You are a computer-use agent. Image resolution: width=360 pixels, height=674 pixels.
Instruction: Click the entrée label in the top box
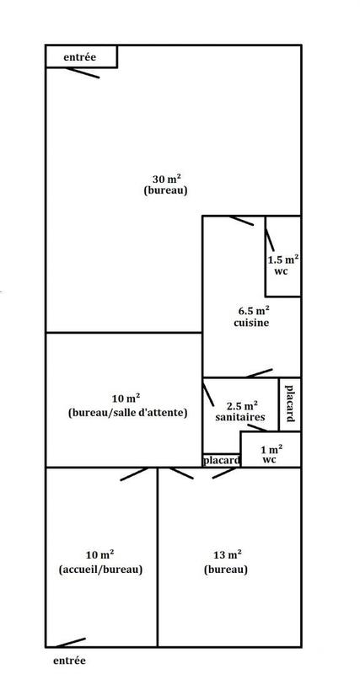80,57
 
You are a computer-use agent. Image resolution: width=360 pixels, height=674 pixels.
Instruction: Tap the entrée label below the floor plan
69,661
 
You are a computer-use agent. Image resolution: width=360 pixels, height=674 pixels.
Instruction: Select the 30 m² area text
164,178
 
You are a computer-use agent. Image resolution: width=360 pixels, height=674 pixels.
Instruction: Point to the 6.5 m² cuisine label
250,317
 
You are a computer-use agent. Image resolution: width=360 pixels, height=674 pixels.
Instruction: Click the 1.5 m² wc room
282,266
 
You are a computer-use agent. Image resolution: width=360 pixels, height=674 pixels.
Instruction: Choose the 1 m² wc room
271,453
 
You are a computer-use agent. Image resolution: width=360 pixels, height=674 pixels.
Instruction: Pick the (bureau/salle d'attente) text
126,413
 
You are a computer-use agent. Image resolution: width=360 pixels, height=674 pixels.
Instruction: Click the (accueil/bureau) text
101,569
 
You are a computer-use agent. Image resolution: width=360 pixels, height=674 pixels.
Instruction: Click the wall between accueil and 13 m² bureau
158,556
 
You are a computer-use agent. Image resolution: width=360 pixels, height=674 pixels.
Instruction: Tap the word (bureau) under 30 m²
165,190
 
